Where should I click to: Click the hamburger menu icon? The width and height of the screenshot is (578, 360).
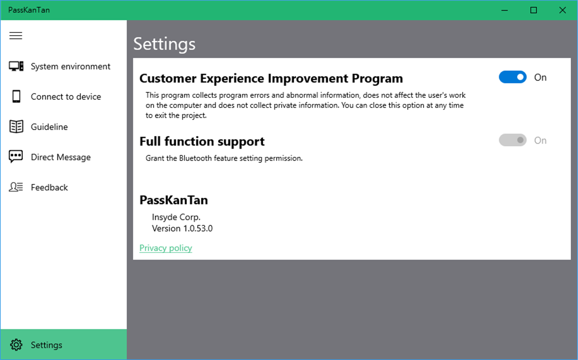click(x=16, y=36)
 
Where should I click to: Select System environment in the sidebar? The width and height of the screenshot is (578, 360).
click(x=70, y=66)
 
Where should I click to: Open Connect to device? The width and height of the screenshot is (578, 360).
click(x=65, y=97)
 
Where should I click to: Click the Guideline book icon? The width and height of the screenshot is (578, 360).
click(x=16, y=127)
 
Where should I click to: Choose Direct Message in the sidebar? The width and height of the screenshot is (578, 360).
click(x=60, y=157)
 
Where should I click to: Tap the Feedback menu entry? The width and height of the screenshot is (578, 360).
click(x=49, y=187)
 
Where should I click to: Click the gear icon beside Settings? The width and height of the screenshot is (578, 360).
click(x=16, y=345)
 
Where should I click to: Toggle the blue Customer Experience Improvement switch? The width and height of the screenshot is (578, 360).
click(x=512, y=77)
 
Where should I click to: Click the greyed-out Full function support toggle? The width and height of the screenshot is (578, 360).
click(x=512, y=140)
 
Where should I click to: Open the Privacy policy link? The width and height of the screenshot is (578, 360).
click(x=166, y=248)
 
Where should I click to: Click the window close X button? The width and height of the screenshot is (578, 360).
click(x=562, y=10)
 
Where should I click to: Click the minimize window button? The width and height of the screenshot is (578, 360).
click(x=504, y=10)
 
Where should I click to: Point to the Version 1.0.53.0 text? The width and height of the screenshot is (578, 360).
click(x=182, y=228)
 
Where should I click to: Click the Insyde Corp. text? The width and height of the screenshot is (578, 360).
click(x=176, y=217)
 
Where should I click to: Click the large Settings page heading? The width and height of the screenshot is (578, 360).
click(x=164, y=44)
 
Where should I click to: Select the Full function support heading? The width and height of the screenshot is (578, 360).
click(x=202, y=141)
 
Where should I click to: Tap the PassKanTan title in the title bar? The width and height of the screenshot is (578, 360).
click(x=29, y=10)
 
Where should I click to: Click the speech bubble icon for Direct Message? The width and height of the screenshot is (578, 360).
click(x=16, y=157)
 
